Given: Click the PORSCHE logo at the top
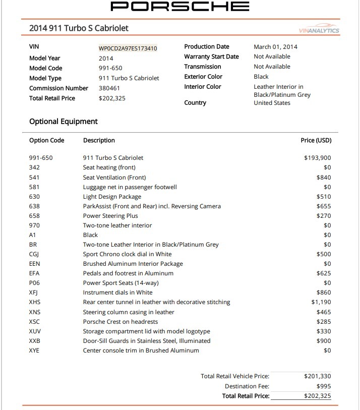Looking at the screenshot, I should point(180,7).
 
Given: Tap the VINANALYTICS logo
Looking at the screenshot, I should point(319,30).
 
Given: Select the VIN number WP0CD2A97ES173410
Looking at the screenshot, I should point(128,48).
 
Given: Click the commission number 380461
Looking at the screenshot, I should point(109,88).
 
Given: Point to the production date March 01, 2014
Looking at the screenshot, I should point(275,47).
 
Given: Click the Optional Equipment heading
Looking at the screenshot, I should point(64,122).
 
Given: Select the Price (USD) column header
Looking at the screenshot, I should point(316,140).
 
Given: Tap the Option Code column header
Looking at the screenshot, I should point(47,140).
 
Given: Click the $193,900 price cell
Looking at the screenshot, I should point(317,158).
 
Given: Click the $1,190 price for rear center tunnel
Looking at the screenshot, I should point(321,302).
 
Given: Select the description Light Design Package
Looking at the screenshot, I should point(112,197).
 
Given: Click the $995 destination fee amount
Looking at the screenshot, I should point(323,386).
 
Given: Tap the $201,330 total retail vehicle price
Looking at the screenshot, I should point(318,376).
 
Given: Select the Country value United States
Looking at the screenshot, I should point(272,103).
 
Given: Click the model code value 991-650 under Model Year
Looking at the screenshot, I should point(110,68).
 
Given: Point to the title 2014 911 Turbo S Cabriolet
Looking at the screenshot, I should point(79,28).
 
